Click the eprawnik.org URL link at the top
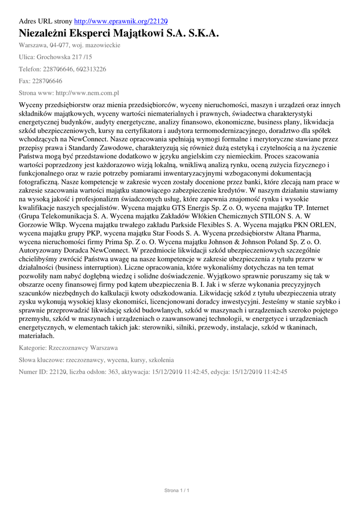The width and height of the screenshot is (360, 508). (121, 21)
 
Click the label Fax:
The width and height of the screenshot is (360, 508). (24, 81)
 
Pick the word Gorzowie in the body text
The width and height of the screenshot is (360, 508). (34, 225)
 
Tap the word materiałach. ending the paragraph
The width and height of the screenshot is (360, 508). (37, 335)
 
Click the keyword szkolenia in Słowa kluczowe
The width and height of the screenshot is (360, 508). (157, 360)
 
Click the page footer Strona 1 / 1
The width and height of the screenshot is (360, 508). (177, 491)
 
